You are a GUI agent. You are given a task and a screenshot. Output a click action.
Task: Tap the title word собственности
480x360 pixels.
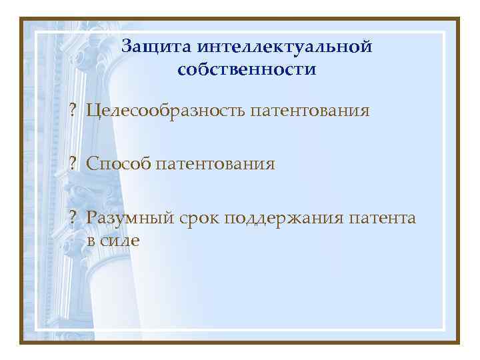pyautogui.click(x=247, y=69)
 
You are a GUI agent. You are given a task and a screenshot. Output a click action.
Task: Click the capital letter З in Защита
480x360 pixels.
pyautogui.click(x=128, y=46)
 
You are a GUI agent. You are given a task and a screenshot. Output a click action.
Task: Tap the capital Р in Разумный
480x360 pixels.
pyautogui.click(x=91, y=218)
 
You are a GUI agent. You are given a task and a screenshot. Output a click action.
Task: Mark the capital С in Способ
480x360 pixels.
pyautogui.click(x=91, y=163)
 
